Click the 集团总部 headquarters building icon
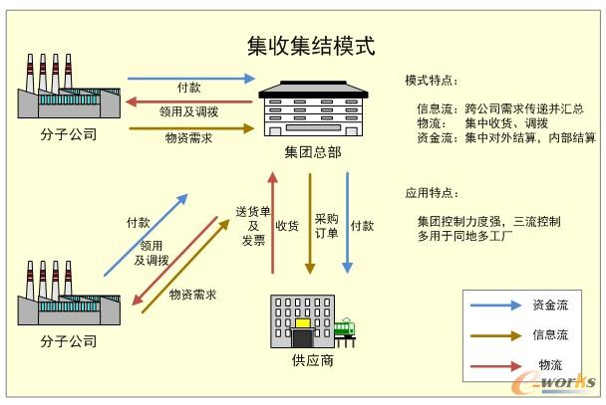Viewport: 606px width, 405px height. point(309,108)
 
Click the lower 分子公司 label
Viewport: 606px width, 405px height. point(70,341)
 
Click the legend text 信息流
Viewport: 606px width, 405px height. point(549,335)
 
